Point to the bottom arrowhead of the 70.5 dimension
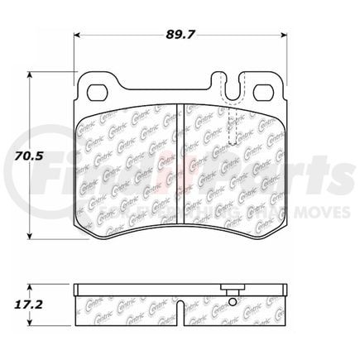(31, 233)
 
